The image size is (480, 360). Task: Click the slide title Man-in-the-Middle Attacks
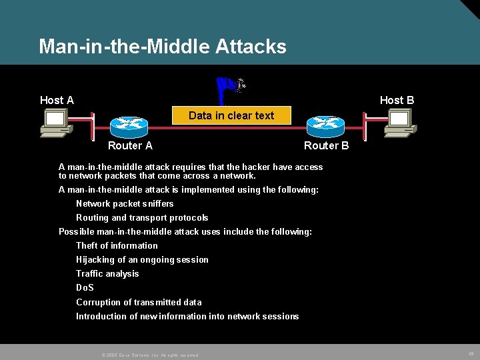pyautogui.click(x=163, y=47)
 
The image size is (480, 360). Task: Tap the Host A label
pyautogui.click(x=57, y=100)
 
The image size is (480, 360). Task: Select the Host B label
pyautogui.click(x=397, y=100)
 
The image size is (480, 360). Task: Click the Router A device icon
pyautogui.click(x=129, y=125)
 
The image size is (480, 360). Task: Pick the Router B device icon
pyautogui.click(x=326, y=125)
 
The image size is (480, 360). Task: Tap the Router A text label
pyautogui.click(x=130, y=145)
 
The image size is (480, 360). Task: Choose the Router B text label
pyautogui.click(x=326, y=145)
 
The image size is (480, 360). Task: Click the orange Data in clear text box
pyautogui.click(x=231, y=115)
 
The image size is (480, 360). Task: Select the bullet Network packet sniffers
pyautogui.click(x=125, y=203)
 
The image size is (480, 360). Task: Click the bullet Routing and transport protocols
pyautogui.click(x=142, y=217)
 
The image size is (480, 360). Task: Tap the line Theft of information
pyautogui.click(x=117, y=245)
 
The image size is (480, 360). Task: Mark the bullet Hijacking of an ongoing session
pyautogui.click(x=142, y=259)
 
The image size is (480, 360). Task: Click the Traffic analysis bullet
pyautogui.click(x=107, y=273)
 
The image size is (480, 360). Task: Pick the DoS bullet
pyautogui.click(x=85, y=287)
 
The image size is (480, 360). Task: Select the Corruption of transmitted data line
pyautogui.click(x=139, y=302)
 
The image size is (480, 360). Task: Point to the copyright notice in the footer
pyautogui.click(x=150, y=355)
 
